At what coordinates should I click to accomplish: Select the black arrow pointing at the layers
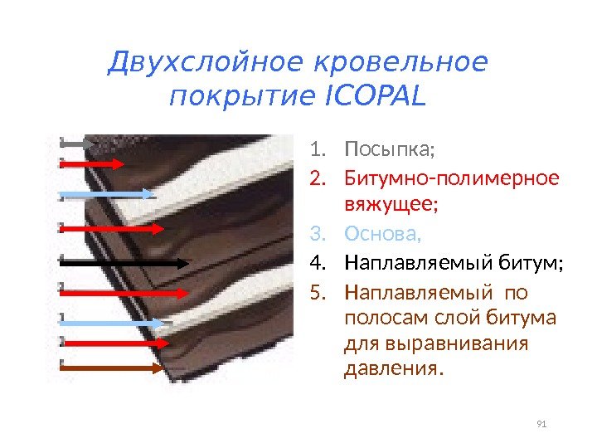(124, 262)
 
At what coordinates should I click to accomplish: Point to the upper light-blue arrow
(108, 195)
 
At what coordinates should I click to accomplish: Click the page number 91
(542, 425)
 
